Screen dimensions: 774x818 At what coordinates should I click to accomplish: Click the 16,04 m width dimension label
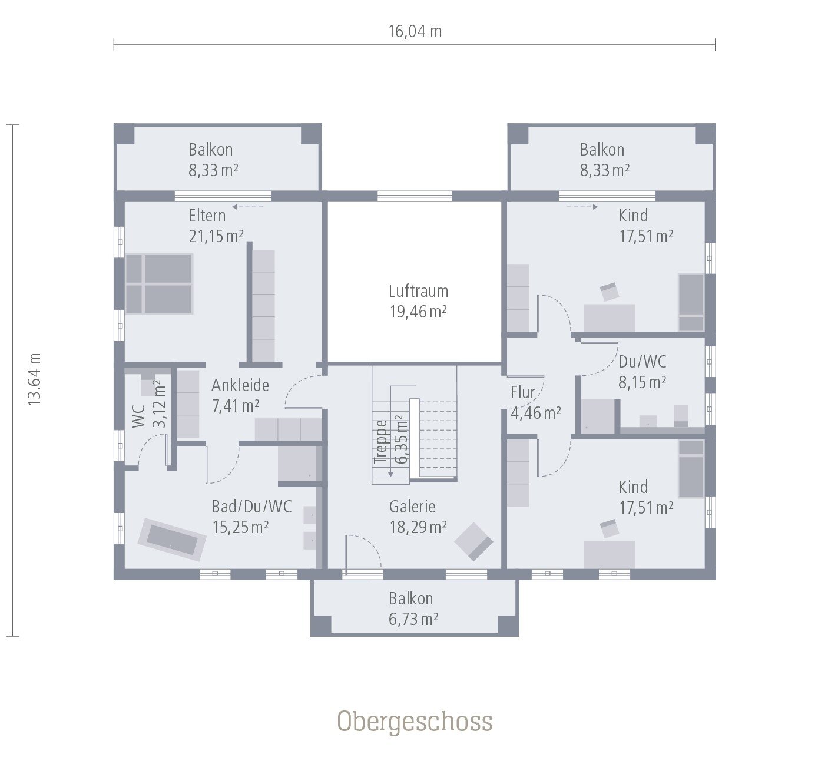(x=415, y=31)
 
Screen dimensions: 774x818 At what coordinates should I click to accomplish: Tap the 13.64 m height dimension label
(x=34, y=379)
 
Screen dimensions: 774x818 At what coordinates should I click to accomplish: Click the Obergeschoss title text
(x=415, y=722)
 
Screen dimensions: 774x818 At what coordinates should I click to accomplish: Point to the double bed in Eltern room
(x=159, y=284)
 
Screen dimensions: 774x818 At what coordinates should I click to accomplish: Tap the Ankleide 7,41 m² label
(x=240, y=395)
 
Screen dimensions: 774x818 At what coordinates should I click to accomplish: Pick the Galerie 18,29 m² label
(x=417, y=517)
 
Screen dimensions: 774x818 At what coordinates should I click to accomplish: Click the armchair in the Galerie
(x=473, y=541)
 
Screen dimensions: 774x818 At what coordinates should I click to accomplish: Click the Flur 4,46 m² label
(x=535, y=402)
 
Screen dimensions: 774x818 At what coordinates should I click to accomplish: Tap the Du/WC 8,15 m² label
(x=642, y=372)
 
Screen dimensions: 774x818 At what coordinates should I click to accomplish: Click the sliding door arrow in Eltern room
(x=247, y=207)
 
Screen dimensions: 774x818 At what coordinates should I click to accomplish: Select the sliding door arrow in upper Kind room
(x=582, y=207)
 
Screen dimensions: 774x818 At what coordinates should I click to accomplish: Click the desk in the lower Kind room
(x=609, y=554)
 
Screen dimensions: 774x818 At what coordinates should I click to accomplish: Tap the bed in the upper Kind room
(x=691, y=302)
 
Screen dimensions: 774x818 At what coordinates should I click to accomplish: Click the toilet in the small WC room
(x=148, y=385)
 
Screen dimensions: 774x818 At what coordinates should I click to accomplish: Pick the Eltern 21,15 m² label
(x=216, y=226)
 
